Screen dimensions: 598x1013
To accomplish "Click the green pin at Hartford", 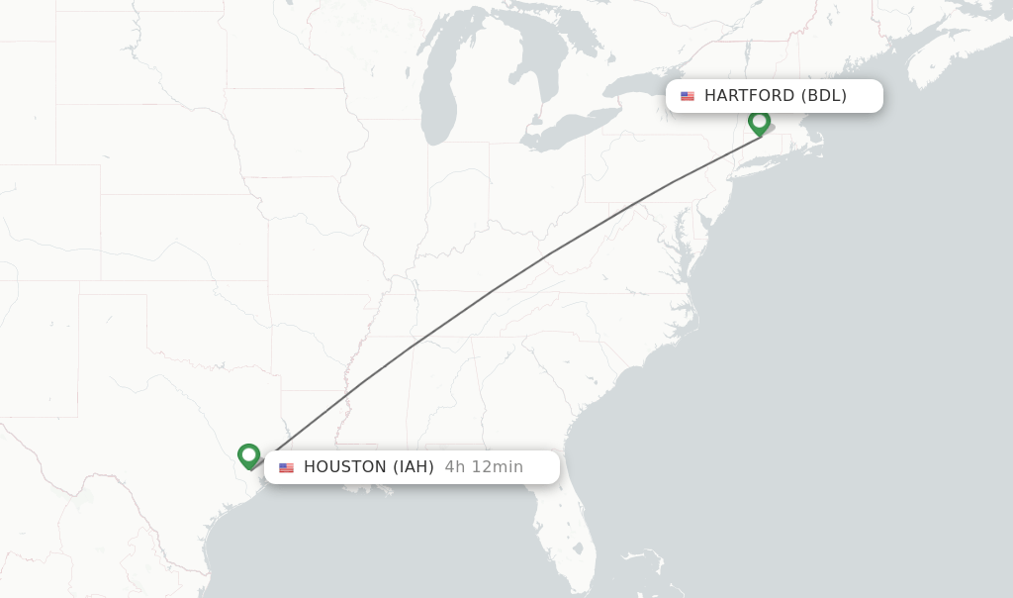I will tap(759, 123).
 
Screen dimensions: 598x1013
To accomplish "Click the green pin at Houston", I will tap(248, 455).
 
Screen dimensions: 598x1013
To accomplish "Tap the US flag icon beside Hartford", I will tap(688, 96).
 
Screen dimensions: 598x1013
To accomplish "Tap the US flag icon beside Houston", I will tap(287, 467).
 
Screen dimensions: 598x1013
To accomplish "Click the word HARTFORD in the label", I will tap(749, 96).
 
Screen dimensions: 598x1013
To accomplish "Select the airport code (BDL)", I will tap(824, 96).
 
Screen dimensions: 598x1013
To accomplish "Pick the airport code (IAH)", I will tap(414, 467).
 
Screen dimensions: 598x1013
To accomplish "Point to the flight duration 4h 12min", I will tap(484, 467).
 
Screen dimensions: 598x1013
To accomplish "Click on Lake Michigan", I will tap(436, 99).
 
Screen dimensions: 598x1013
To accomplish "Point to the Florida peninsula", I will tap(569, 535).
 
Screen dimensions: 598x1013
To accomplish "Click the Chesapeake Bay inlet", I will tap(681, 248).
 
